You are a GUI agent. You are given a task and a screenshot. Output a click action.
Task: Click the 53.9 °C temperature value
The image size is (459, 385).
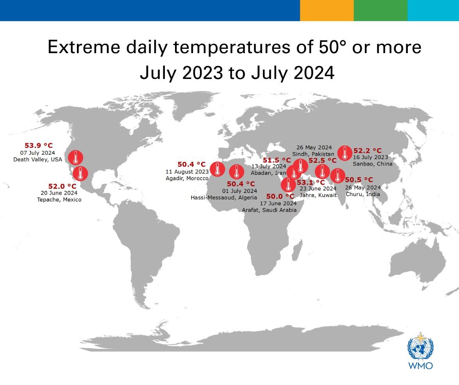(39, 145)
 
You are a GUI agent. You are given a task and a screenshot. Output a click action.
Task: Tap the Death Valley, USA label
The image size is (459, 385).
(38, 159)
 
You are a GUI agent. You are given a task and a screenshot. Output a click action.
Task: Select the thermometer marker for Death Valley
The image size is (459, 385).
(75, 158)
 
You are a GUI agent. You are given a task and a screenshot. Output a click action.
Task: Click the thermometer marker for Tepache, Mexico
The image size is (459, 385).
(80, 173)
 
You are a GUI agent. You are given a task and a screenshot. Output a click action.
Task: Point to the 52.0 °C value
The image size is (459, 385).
(63, 186)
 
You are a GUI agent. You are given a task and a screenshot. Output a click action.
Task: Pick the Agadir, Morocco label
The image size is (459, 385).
(187, 178)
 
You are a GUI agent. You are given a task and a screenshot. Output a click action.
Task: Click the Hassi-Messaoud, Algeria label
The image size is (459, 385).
(224, 197)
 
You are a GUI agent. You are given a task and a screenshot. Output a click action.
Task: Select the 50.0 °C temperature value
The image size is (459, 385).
(280, 196)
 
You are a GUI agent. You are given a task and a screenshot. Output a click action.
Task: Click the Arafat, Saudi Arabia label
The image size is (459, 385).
(269, 210)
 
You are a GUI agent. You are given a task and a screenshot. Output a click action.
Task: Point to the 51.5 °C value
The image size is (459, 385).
(277, 160)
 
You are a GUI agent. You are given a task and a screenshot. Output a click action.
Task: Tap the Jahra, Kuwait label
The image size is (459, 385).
(318, 195)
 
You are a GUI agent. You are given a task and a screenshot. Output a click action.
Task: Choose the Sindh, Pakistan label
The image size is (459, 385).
(313, 154)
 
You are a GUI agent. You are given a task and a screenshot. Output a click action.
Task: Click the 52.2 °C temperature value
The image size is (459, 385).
(368, 150)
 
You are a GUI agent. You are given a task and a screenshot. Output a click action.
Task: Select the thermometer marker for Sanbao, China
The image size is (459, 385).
(344, 153)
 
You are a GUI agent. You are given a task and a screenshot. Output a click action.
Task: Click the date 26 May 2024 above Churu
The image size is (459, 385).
(363, 187)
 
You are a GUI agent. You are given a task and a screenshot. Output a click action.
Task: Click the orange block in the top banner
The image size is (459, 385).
(327, 10)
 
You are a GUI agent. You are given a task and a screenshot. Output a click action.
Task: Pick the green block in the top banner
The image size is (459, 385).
(380, 10)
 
